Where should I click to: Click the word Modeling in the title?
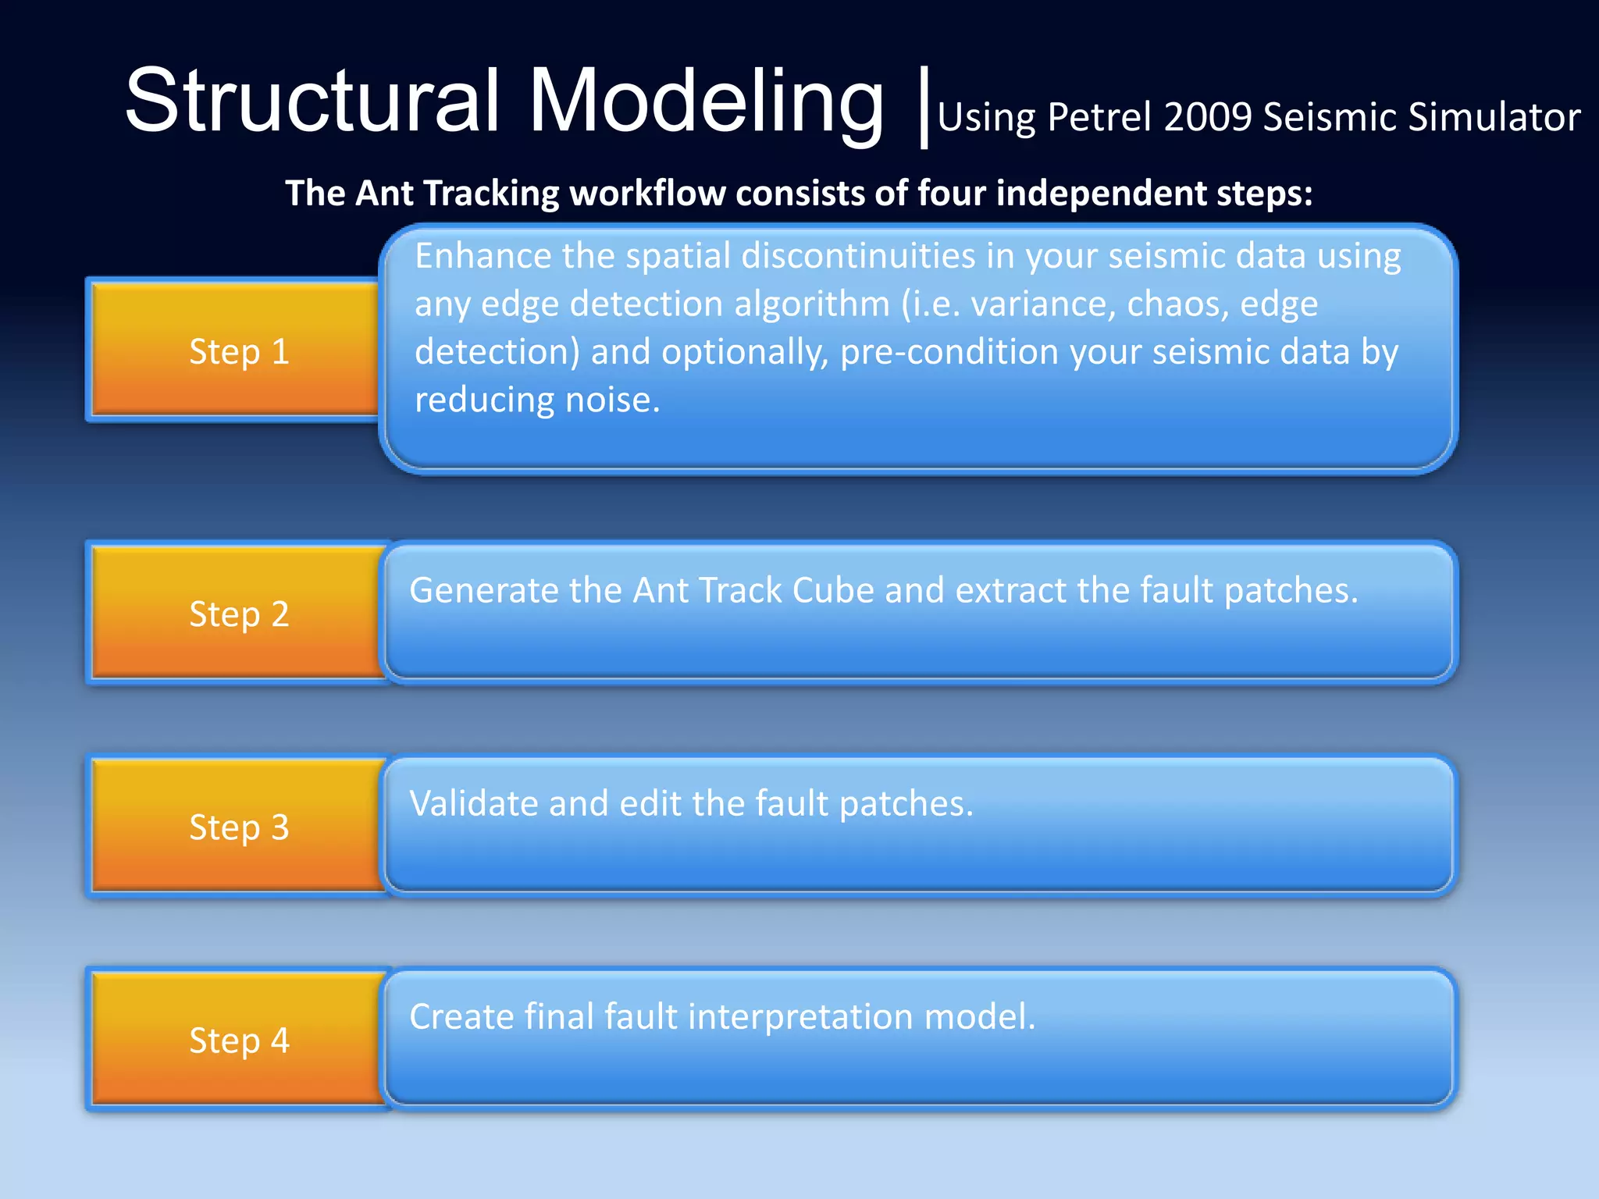(707, 101)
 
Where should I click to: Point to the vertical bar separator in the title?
(924, 108)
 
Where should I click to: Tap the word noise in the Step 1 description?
(612, 400)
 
